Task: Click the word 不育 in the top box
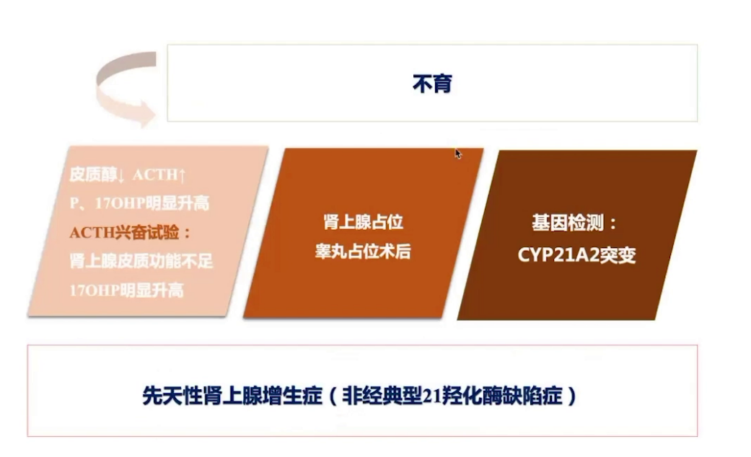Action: (431, 84)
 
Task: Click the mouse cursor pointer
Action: (457, 154)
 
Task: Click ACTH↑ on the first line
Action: (159, 175)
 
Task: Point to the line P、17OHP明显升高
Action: (139, 203)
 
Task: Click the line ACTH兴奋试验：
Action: (131, 232)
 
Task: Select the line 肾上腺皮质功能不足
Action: (141, 261)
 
